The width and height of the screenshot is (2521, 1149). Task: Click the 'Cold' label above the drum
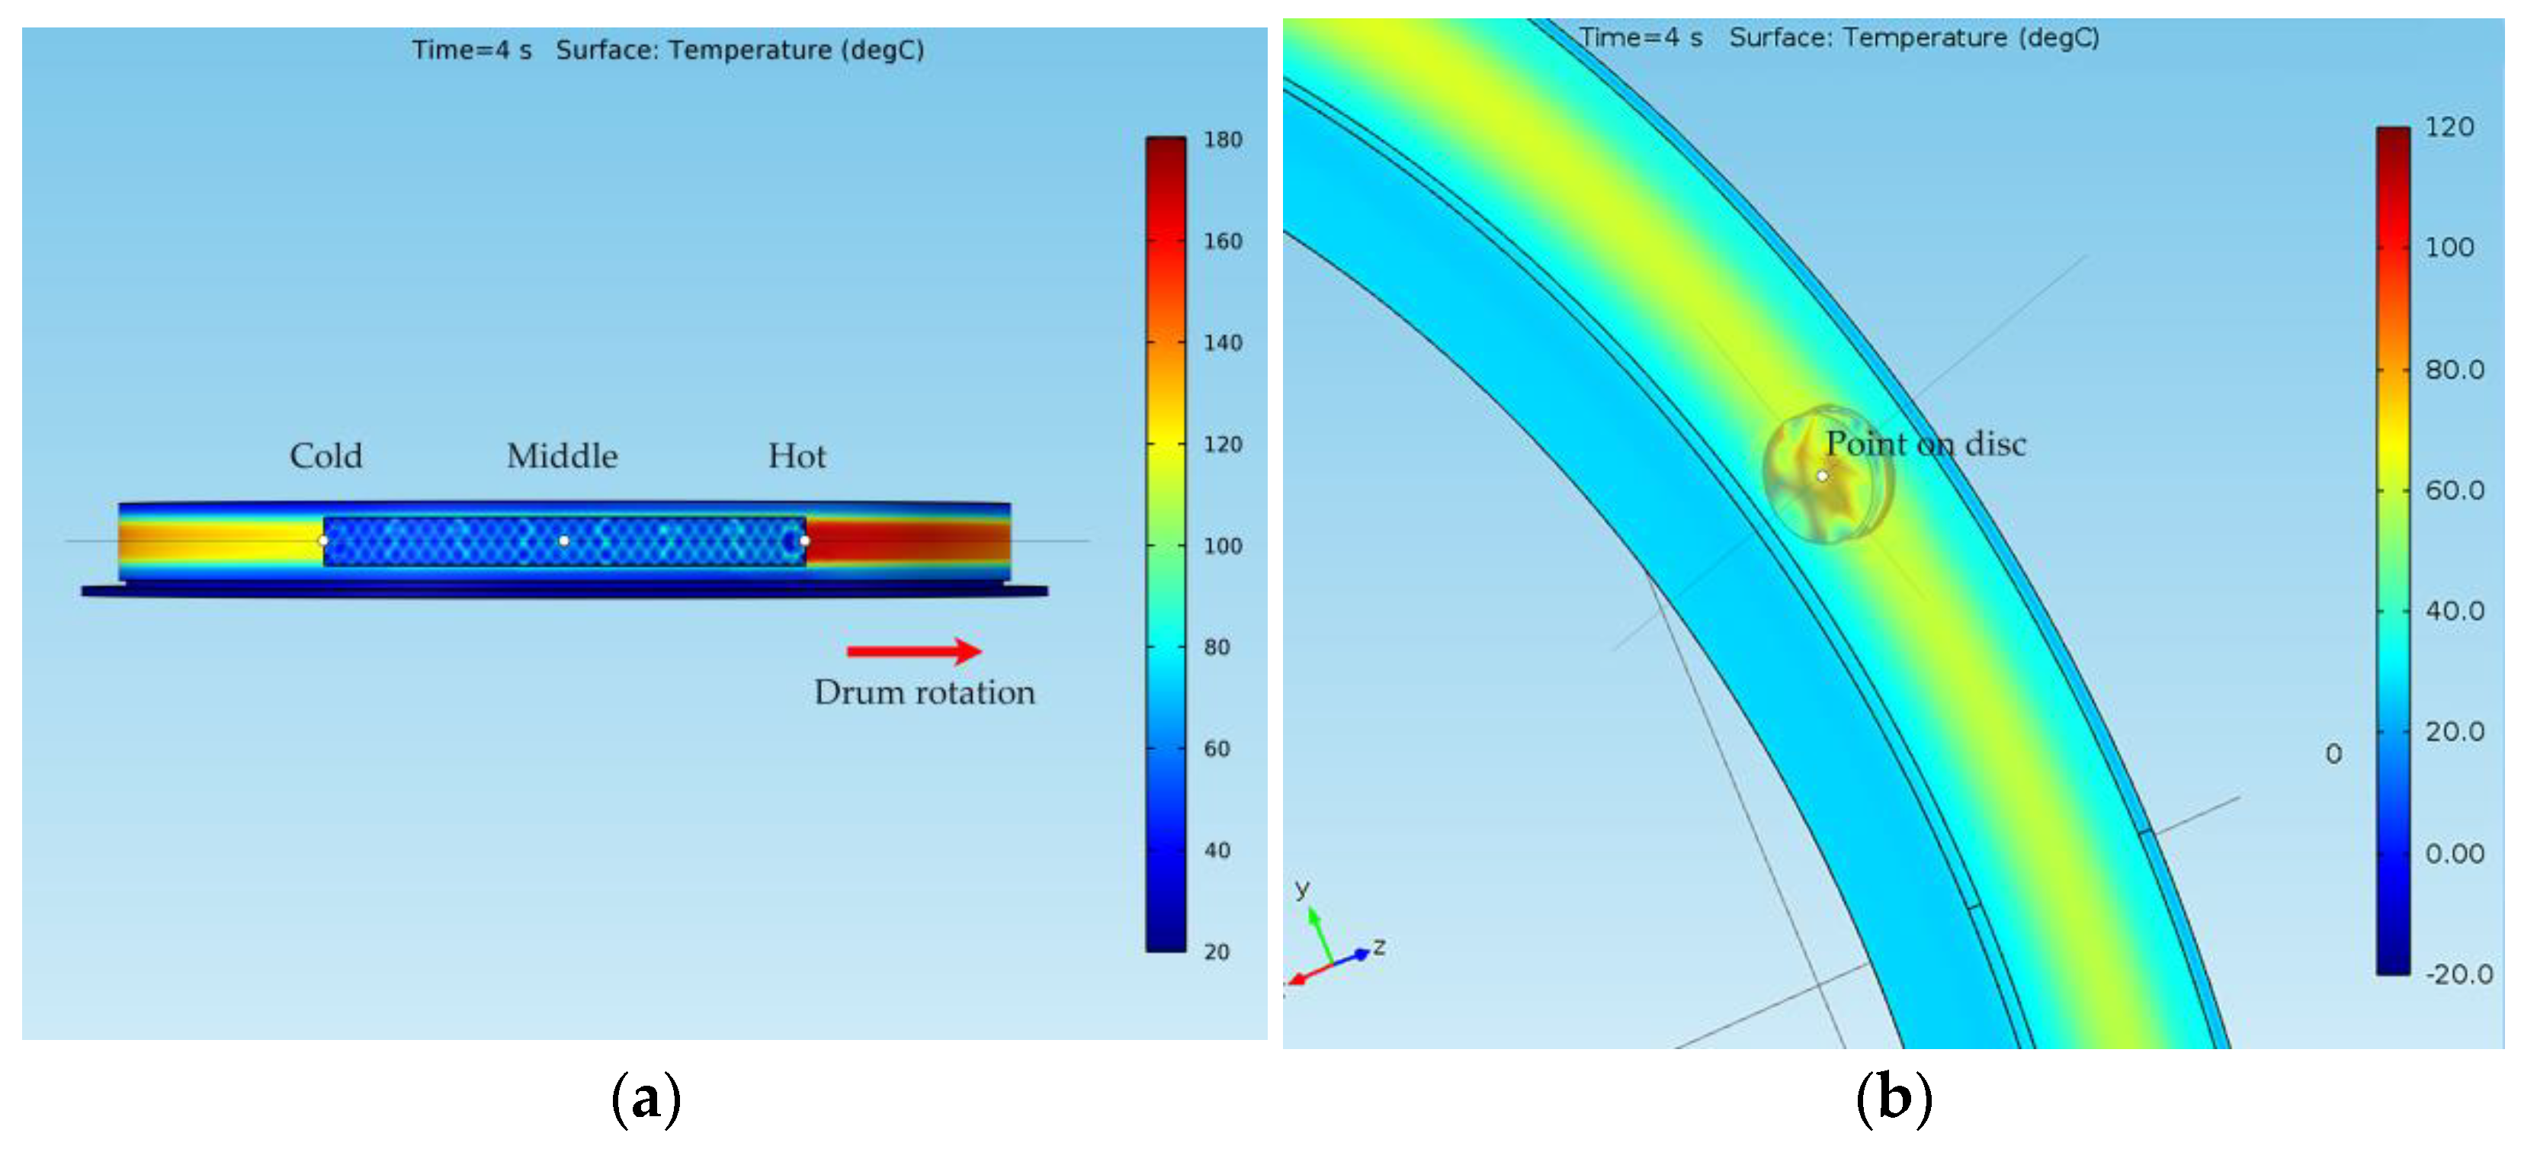click(x=326, y=456)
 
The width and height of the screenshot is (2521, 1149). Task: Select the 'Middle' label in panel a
click(x=562, y=456)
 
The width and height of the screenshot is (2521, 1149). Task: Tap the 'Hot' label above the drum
click(x=797, y=456)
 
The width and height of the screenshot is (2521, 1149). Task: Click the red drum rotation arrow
click(x=914, y=651)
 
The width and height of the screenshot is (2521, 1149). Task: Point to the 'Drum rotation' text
click(x=924, y=693)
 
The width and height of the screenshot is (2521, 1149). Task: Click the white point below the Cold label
click(x=323, y=541)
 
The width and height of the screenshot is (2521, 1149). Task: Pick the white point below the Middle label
click(x=563, y=541)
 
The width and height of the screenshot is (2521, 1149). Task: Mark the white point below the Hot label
click(x=804, y=541)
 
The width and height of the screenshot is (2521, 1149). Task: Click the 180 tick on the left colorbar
click(x=1222, y=140)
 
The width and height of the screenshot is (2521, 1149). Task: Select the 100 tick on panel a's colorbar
click(x=1222, y=546)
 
